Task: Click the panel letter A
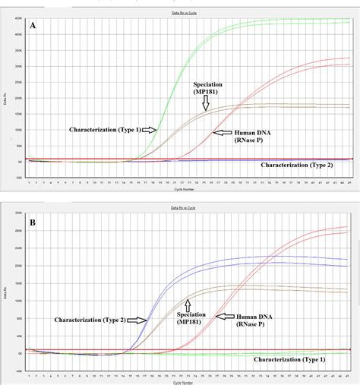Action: point(33,26)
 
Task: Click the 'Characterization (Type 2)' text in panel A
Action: point(306,164)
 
